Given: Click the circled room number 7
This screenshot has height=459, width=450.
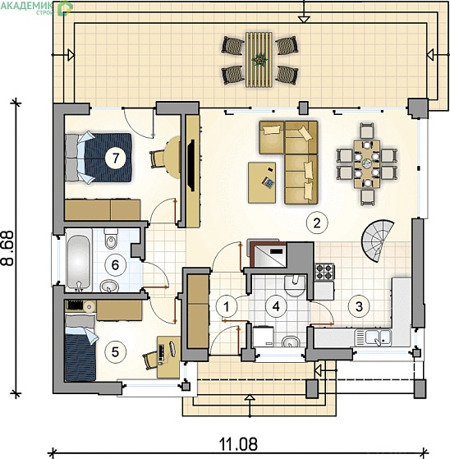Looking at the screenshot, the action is coord(116,158).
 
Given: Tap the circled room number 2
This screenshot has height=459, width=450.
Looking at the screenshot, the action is coord(317,223).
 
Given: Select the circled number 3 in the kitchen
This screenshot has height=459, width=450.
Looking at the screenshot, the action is coord(359,306).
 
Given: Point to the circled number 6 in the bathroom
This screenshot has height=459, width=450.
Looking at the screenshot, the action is coord(115,265).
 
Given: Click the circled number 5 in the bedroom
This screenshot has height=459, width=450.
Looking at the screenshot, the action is coord(115,351).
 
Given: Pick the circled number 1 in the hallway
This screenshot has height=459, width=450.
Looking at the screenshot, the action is coord(227,307).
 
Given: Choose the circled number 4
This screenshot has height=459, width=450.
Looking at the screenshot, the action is coord(276,306).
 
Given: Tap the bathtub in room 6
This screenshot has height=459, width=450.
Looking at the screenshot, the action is coord(78,260).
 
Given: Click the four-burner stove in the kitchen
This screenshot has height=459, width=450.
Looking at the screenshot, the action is coord(324,272).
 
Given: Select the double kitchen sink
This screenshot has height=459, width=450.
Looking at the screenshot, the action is coord(373,337).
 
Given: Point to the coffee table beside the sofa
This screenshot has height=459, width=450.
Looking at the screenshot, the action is coord(262,182).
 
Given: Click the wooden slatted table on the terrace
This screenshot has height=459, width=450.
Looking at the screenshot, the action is coord(259,60).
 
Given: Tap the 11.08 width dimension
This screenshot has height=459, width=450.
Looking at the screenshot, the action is coord(239,443).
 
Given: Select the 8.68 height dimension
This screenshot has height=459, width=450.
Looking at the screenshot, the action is coord(7,248).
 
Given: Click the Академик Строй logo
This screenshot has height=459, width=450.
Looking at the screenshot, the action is coord(37,8).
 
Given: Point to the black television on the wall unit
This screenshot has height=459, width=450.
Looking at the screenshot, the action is coord(191,165).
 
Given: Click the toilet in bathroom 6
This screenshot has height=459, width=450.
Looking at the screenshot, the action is coord(111,238).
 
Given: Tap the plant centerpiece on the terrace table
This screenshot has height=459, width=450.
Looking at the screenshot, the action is coord(259,60).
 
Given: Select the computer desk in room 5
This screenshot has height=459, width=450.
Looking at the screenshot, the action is coord(168,357).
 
